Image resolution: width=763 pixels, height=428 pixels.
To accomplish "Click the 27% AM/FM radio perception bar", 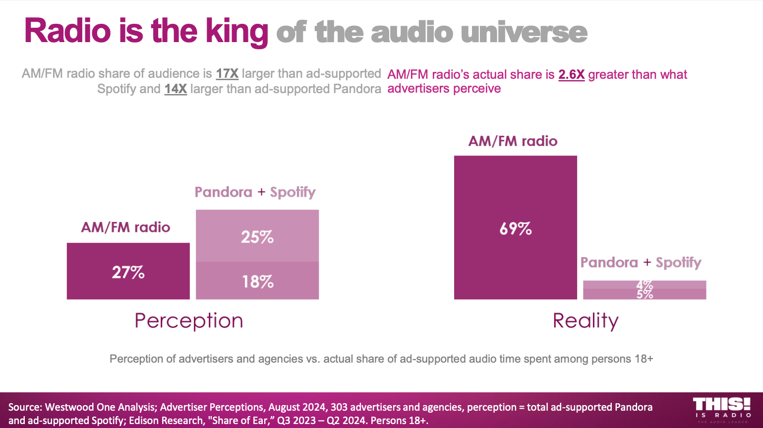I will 128,271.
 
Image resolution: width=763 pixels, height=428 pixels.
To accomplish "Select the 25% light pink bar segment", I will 257,236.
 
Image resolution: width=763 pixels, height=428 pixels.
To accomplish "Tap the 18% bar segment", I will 257,280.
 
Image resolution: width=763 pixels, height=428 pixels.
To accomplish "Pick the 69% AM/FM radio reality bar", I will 515,228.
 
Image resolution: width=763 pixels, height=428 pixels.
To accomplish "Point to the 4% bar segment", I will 644,284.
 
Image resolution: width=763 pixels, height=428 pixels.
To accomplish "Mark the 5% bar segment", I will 644,294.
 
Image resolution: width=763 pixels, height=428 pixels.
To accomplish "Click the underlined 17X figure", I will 227,74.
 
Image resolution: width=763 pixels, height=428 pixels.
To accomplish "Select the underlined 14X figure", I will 176,89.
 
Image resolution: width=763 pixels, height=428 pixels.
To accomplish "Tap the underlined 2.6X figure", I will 571,75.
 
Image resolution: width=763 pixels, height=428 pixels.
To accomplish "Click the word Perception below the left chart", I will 189,321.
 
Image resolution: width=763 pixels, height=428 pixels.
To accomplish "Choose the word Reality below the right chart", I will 586,321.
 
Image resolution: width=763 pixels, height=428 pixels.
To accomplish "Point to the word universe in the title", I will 524,32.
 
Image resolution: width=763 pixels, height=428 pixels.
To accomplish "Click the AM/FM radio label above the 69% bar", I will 513,141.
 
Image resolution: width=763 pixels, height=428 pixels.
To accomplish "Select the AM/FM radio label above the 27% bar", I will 125,227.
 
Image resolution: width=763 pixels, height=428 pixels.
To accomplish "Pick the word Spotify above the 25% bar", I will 293,192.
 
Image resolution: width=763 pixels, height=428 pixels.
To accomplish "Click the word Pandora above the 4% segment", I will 609,263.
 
